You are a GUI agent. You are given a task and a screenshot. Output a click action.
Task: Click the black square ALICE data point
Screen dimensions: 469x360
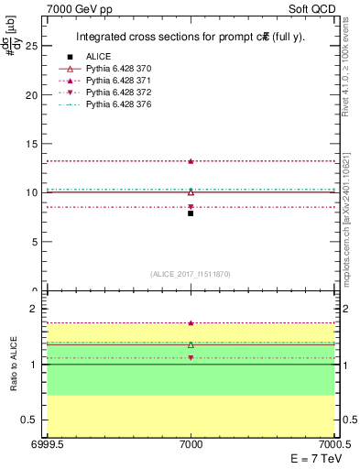click(191, 213)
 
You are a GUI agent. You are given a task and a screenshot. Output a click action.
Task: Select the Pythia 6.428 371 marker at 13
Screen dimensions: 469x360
click(191, 161)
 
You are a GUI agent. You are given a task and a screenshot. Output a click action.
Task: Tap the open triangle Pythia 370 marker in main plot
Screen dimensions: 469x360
click(191, 192)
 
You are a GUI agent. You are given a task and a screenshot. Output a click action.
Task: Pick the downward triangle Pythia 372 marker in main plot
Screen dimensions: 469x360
click(191, 207)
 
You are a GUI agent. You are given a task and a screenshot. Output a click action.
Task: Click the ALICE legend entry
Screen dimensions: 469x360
click(98, 57)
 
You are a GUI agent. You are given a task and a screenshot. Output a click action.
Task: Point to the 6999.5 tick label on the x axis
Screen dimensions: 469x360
click(45, 444)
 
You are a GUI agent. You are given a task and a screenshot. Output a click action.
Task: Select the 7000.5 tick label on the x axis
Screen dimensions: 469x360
click(335, 444)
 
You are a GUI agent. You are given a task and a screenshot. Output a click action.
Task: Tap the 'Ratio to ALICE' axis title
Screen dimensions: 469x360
click(14, 364)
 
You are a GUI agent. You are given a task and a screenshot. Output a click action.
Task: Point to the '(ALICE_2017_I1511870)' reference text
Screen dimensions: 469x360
click(190, 274)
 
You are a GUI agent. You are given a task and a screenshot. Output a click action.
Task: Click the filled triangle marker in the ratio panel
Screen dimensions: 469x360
click(191, 323)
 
